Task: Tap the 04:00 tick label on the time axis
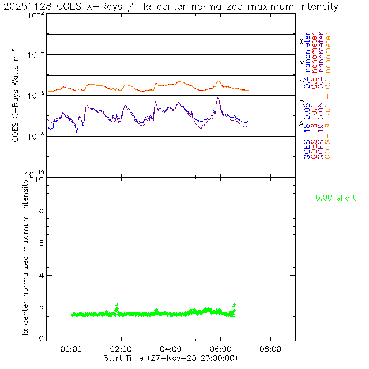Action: tap(171, 349)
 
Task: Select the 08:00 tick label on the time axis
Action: tap(270, 349)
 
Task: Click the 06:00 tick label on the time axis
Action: tap(221, 349)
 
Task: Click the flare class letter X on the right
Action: tap(302, 42)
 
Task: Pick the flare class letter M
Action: tap(302, 62)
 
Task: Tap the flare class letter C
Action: tap(302, 82)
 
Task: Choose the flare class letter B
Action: tap(302, 103)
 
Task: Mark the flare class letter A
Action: tap(302, 123)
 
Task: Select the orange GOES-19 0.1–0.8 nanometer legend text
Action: tap(329, 96)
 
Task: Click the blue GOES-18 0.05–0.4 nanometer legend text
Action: tap(307, 96)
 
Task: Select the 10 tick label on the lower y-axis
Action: tap(39, 179)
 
